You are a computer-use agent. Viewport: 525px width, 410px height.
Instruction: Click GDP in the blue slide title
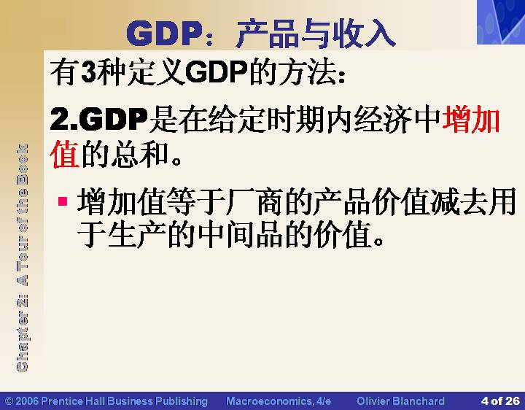(x=165, y=33)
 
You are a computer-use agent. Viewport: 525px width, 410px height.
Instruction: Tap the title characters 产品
(x=268, y=33)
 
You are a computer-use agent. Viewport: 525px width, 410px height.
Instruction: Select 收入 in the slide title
(x=363, y=33)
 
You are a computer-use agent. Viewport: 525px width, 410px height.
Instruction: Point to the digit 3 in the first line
(x=88, y=71)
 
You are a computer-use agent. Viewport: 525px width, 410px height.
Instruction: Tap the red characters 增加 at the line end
(x=471, y=119)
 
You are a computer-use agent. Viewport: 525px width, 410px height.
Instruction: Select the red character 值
(x=65, y=154)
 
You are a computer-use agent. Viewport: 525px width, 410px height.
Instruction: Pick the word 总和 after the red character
(x=139, y=154)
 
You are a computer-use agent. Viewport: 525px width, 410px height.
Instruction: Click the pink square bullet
(x=63, y=201)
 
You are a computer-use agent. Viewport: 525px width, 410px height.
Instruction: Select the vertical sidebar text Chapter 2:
(x=22, y=333)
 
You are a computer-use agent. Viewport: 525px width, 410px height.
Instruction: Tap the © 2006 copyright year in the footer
(x=22, y=401)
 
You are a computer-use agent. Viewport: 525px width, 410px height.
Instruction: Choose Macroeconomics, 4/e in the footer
(x=279, y=401)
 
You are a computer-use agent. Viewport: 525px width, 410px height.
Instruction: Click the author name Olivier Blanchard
(x=401, y=401)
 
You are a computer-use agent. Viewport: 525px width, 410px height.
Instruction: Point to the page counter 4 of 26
(x=500, y=401)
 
